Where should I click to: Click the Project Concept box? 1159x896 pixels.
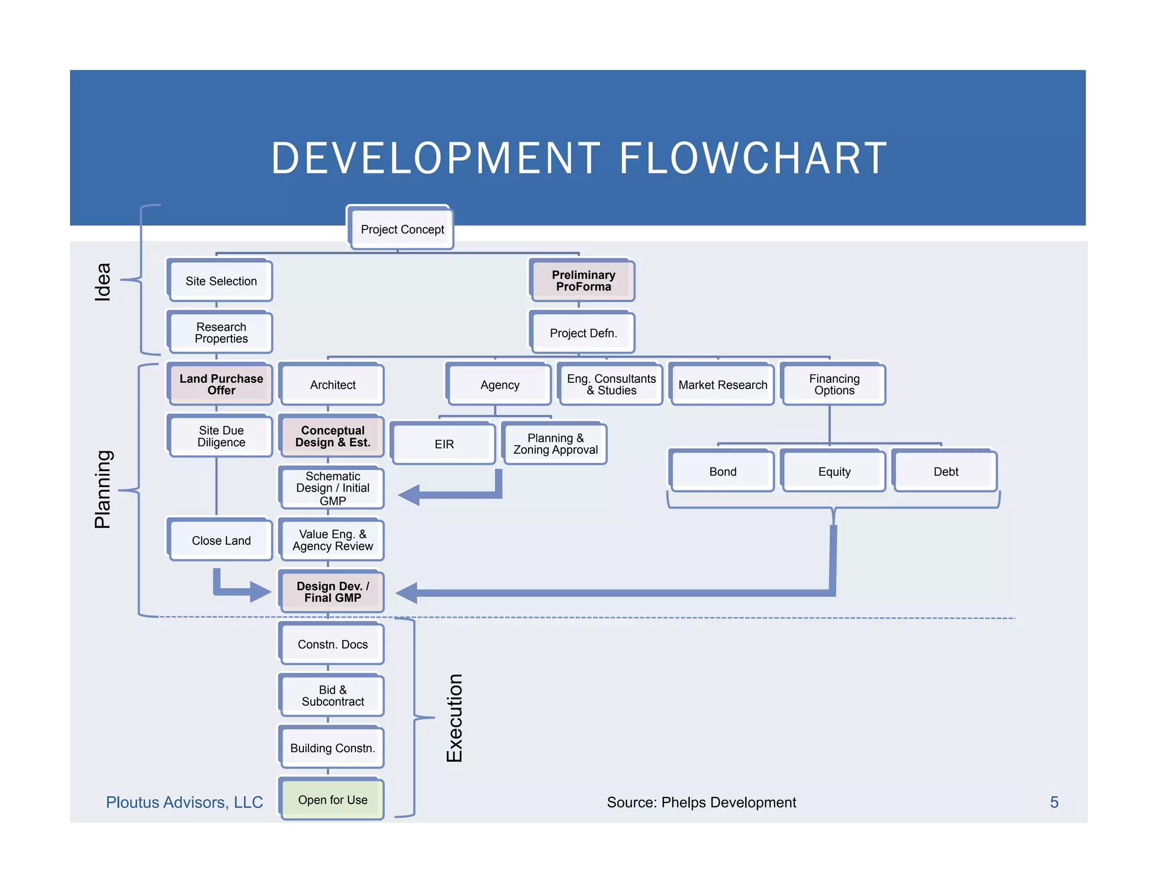point(402,229)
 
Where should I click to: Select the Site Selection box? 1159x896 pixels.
point(221,281)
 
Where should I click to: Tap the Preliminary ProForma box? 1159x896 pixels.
point(583,281)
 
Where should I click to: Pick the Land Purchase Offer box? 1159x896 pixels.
point(221,385)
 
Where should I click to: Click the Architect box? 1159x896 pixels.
point(332,385)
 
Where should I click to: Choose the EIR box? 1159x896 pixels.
point(444,444)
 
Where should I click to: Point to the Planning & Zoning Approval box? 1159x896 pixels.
point(555,444)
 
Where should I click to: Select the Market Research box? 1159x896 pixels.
point(723,385)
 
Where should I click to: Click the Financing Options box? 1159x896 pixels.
point(834,385)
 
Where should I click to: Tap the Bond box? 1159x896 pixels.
point(723,471)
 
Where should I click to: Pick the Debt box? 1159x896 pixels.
point(945,471)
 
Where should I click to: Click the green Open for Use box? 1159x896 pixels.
point(332,800)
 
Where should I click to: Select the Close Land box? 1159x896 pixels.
point(221,540)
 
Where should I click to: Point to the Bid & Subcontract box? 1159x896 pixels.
point(332,696)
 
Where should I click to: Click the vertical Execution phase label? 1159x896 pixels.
point(454,718)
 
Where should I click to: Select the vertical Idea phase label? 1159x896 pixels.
point(102,281)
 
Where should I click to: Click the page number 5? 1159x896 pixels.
point(1054,802)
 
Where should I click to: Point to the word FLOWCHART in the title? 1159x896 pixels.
point(753,159)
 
